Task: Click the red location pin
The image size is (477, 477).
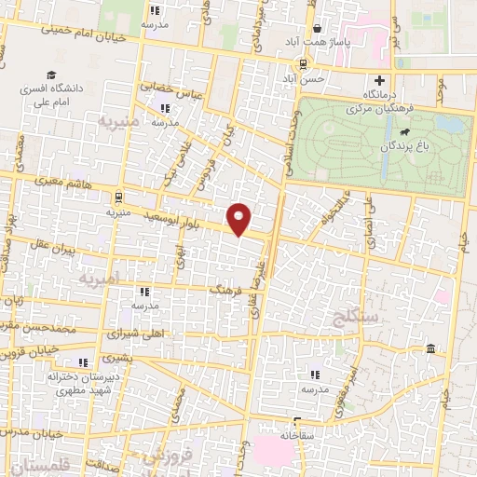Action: pyautogui.click(x=240, y=219)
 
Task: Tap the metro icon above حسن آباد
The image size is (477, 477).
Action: pyautogui.click(x=304, y=64)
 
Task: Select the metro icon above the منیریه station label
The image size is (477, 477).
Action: pyautogui.click(x=117, y=198)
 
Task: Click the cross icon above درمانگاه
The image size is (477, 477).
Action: pyautogui.click(x=380, y=80)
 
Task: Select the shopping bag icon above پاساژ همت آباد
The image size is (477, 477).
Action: pyautogui.click(x=317, y=28)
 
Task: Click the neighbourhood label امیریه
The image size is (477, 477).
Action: pyautogui.click(x=100, y=279)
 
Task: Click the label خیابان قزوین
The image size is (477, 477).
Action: pyautogui.click(x=38, y=346)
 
